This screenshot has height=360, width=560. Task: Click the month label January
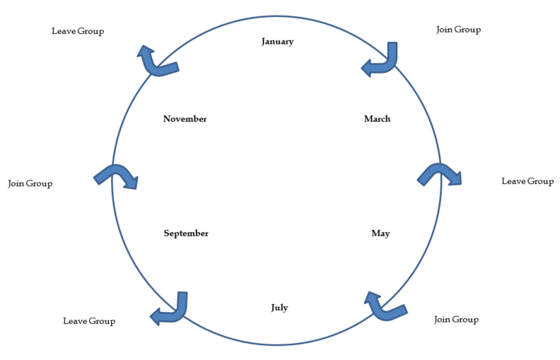point(277,42)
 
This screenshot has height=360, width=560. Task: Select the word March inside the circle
point(377,119)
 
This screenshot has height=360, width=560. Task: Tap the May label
point(380,233)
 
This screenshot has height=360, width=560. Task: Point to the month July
point(279,308)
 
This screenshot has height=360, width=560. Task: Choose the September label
point(186,233)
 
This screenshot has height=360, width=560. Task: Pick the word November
point(185,119)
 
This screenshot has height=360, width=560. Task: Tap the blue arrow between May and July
point(384,307)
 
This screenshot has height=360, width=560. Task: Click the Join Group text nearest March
point(459,30)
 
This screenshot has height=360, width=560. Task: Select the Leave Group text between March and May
point(527,181)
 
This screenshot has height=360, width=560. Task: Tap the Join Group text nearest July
point(456,320)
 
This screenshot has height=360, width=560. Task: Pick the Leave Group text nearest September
point(89,321)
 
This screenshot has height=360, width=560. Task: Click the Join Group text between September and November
point(30,184)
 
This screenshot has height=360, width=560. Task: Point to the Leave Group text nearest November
point(78,31)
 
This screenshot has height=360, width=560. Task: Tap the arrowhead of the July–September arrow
point(157,317)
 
